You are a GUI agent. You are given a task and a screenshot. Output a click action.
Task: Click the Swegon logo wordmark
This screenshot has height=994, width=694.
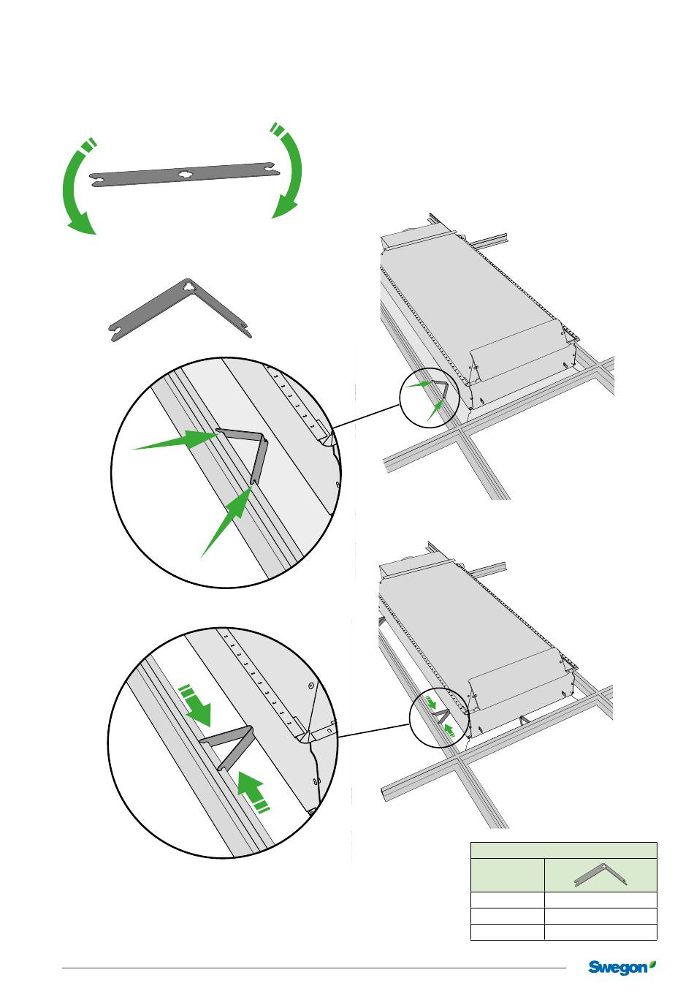click(617, 968)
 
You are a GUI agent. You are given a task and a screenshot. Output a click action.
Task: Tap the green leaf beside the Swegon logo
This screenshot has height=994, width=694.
click(652, 965)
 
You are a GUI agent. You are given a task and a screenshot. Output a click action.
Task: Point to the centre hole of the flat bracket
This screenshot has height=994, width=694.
click(183, 174)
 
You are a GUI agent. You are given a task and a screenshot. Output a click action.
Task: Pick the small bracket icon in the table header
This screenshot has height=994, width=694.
click(600, 876)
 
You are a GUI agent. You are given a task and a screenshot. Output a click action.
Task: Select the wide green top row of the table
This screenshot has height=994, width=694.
click(563, 850)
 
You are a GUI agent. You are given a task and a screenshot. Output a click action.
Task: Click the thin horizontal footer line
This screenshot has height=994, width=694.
click(314, 969)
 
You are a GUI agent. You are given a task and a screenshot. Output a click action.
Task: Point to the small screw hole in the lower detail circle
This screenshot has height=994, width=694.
click(311, 686)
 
